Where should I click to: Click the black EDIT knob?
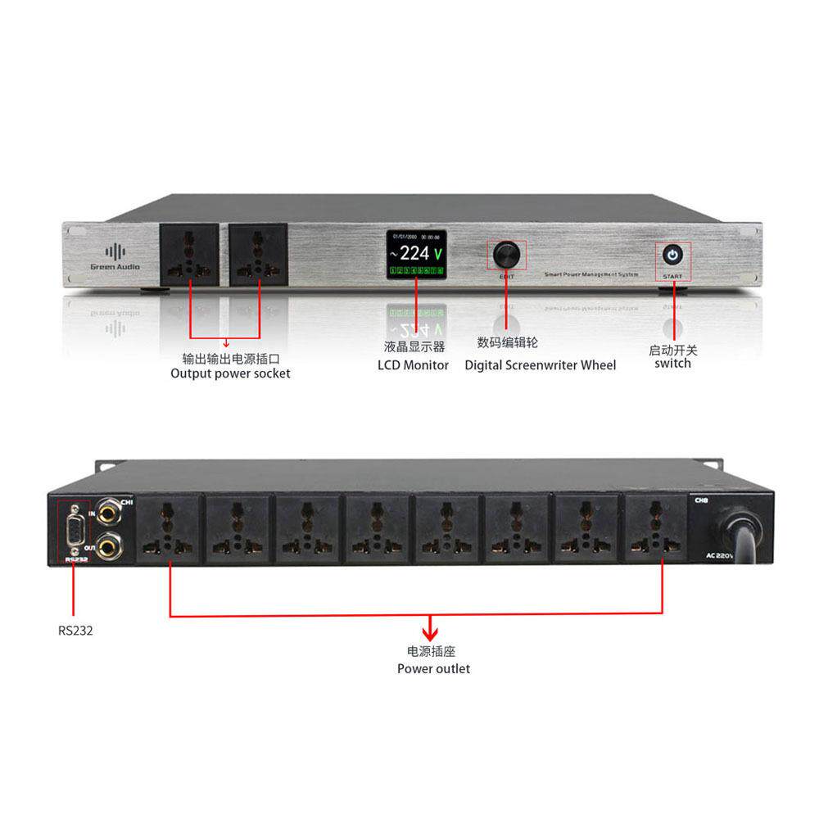pos(506,255)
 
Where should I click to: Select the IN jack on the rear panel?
pos(108,509)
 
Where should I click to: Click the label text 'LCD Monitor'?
pos(413,365)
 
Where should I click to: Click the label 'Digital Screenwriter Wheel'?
pos(540,365)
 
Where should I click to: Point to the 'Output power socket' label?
pos(230,373)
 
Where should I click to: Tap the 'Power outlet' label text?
pos(433,668)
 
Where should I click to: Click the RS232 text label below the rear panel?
pos(75,631)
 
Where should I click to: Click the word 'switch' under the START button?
pos(672,363)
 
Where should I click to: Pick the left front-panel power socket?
pos(188,254)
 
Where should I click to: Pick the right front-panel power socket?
pos(258,254)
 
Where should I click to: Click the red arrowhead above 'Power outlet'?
pos(429,633)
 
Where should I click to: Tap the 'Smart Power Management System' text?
pos(590,274)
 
